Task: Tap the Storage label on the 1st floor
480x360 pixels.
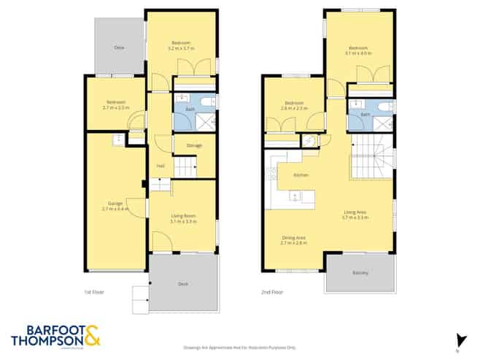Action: click(x=194, y=145)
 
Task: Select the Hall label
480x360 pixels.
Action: click(x=160, y=166)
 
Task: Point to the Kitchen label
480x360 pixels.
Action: click(x=301, y=175)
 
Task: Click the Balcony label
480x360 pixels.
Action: click(x=360, y=273)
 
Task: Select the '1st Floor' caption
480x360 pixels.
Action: click(x=94, y=292)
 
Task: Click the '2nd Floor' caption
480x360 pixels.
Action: click(x=271, y=292)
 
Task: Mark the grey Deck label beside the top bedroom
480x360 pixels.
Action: click(x=118, y=47)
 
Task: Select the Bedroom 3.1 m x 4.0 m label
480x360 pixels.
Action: click(x=359, y=51)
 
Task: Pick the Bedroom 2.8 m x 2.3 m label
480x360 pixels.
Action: click(x=293, y=106)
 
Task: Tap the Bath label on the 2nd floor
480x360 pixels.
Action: click(x=366, y=115)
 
